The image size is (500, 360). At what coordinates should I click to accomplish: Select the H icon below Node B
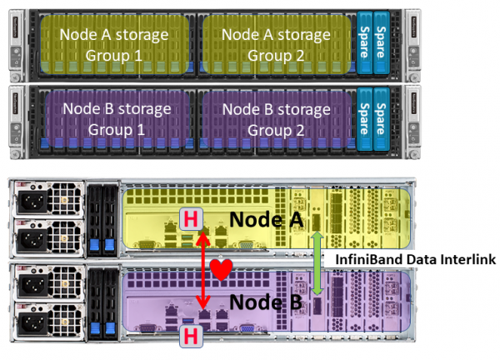tap(189, 335)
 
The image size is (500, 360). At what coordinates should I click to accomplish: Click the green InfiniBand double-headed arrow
tap(317, 262)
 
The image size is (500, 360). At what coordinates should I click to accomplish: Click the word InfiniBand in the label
tap(369, 260)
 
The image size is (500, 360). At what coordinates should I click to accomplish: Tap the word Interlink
tap(467, 260)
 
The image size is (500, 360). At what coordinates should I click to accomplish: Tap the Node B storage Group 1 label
tap(116, 119)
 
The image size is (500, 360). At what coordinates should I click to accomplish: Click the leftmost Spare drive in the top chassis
tap(364, 46)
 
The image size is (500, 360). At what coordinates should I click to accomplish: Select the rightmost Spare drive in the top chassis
tap(381, 46)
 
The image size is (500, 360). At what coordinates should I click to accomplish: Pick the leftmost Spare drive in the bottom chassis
tap(364, 120)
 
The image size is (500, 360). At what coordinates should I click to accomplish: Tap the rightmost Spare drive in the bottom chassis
tap(381, 120)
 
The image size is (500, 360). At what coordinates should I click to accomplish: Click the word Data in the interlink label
tap(419, 260)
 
